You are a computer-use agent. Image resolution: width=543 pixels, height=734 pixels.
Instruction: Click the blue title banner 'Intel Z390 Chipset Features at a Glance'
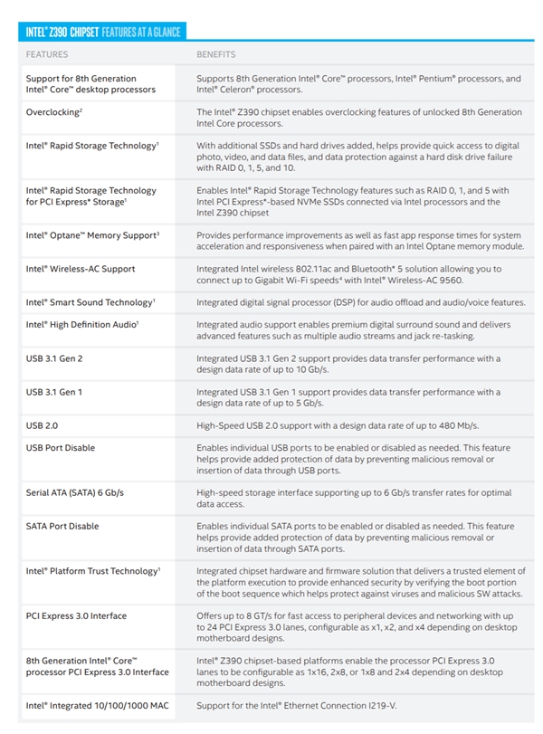pyautogui.click(x=100, y=33)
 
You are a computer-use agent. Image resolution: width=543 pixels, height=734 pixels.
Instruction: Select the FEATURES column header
pyautogui.click(x=46, y=54)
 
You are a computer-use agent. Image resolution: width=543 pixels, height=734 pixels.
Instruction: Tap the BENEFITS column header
pyautogui.click(x=216, y=54)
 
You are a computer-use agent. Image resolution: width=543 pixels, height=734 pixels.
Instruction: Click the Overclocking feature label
pyautogui.click(x=54, y=112)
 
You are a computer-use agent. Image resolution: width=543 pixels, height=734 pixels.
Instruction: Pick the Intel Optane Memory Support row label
pyautogui.click(x=92, y=234)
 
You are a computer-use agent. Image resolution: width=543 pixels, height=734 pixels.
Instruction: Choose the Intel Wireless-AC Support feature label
pyautogui.click(x=81, y=269)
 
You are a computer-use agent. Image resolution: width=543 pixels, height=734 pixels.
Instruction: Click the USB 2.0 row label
pyautogui.click(x=43, y=424)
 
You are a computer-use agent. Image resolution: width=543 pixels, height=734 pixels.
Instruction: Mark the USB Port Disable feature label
pyautogui.click(x=60, y=447)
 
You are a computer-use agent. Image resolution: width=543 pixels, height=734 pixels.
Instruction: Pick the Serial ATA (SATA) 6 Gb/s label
pyautogui.click(x=75, y=492)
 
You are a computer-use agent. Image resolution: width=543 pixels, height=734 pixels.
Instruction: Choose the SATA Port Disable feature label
pyautogui.click(x=62, y=526)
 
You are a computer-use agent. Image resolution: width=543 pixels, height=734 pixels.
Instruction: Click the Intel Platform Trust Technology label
pyautogui.click(x=93, y=571)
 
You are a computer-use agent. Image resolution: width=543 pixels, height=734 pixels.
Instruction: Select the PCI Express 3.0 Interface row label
pyautogui.click(x=76, y=615)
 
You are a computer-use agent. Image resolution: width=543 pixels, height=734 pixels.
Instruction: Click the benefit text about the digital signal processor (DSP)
pyautogui.click(x=360, y=301)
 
